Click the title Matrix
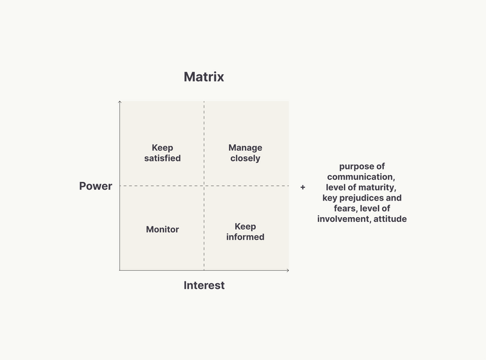click(204, 77)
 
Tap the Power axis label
click(95, 186)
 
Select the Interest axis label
click(204, 285)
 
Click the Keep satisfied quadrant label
click(162, 153)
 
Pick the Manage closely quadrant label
click(245, 153)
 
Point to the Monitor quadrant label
click(162, 229)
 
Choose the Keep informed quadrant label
click(245, 232)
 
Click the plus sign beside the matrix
click(303, 187)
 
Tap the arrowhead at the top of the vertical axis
click(120, 102)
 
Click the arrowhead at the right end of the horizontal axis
click(288, 271)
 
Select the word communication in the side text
click(361, 177)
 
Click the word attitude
click(390, 219)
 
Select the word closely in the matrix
click(245, 158)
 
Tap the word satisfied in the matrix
click(162, 158)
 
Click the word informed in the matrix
click(245, 237)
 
